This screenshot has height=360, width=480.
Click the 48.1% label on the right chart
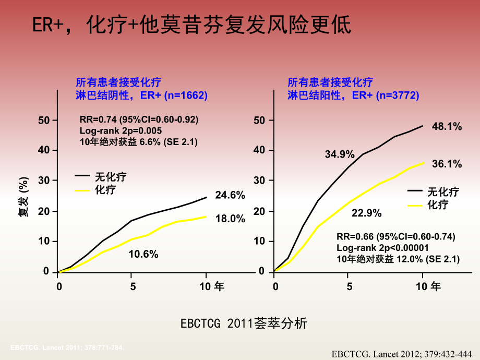pyautogui.click(x=447, y=127)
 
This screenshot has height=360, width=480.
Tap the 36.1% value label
pyautogui.click(x=447, y=164)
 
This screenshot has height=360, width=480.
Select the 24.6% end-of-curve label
pyautogui.click(x=230, y=195)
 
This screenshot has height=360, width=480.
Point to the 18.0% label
pyautogui.click(x=230, y=219)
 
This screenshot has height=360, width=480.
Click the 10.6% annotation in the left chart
pyautogui.click(x=143, y=254)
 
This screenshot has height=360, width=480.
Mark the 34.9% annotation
pyautogui.click(x=340, y=154)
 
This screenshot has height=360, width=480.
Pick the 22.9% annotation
pyautogui.click(x=366, y=213)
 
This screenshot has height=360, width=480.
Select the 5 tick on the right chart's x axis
pyautogui.click(x=350, y=286)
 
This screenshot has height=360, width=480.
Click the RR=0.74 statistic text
pyautogui.click(x=139, y=119)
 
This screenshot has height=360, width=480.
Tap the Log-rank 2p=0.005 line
pyautogui.click(x=121, y=130)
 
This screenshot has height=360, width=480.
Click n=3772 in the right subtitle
pyautogui.click(x=398, y=95)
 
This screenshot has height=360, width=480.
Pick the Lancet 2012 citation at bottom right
pyautogui.click(x=404, y=353)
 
